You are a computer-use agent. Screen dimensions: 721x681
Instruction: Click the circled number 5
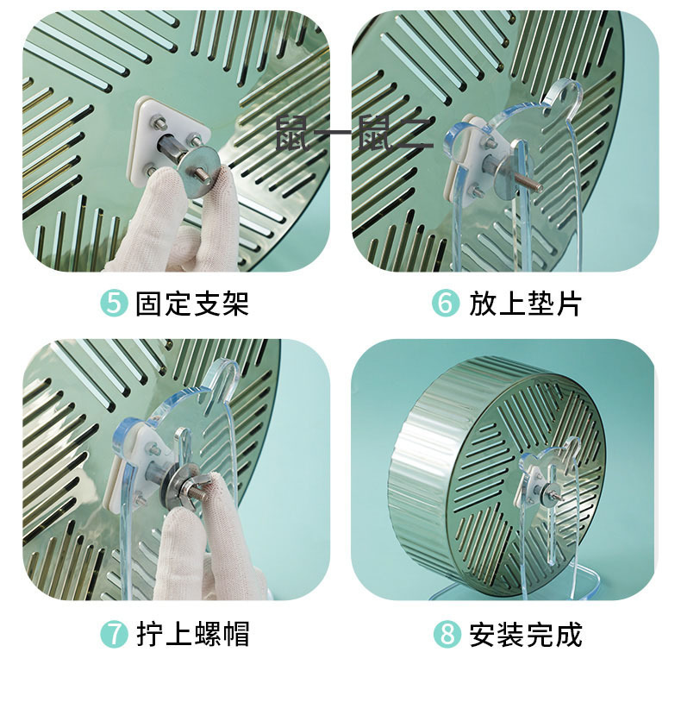[114, 304]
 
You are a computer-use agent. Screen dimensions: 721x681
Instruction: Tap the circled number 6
[446, 304]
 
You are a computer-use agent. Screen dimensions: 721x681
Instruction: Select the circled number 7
[114, 635]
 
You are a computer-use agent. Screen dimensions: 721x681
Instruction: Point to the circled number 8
[447, 635]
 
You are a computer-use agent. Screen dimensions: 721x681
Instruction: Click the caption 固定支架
[191, 304]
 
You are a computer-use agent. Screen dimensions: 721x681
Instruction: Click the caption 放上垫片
[525, 304]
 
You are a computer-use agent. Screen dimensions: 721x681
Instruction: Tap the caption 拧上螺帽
[192, 635]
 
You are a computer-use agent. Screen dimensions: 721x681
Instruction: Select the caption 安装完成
[525, 635]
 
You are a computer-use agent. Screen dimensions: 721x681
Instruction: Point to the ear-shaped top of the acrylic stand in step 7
[223, 376]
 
